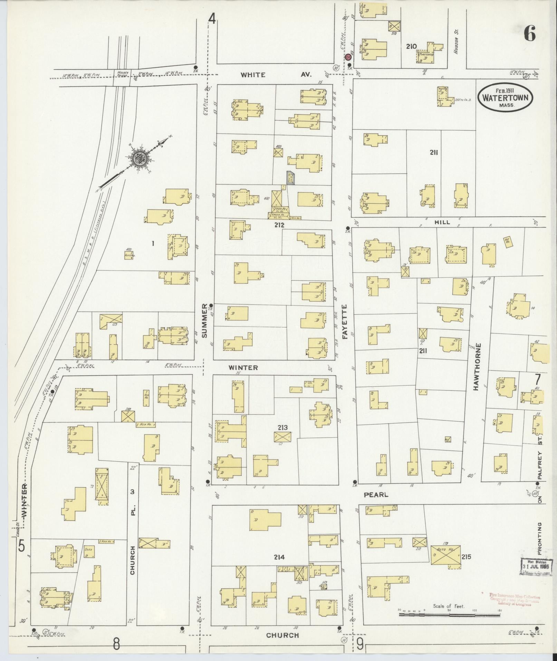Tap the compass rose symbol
point(141,158)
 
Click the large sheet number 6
point(529,34)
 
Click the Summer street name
point(204,321)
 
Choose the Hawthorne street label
point(477,367)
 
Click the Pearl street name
point(376,495)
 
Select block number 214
point(279,557)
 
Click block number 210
point(412,46)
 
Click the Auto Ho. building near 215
point(445,555)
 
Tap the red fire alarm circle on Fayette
point(348,57)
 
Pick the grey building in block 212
point(290,178)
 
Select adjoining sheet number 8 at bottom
point(117,644)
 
